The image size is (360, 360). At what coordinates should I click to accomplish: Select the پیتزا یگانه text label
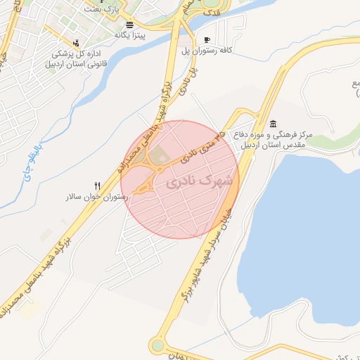(131, 34)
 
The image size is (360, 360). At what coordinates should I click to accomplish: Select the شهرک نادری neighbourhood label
(200, 181)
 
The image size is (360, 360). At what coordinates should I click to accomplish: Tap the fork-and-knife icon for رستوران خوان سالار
(98, 186)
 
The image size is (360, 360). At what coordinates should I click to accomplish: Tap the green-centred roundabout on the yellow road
(157, 345)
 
